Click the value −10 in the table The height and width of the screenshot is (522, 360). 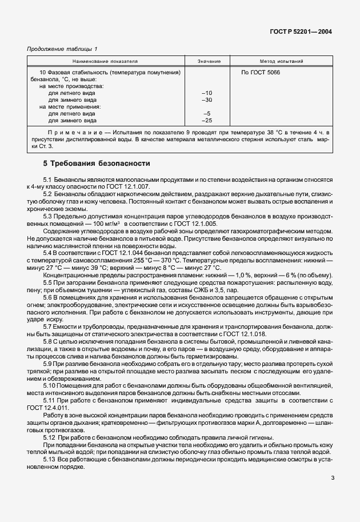[x=207, y=93]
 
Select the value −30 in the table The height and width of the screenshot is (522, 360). [x=207, y=99]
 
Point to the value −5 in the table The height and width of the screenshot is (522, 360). [x=207, y=114]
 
